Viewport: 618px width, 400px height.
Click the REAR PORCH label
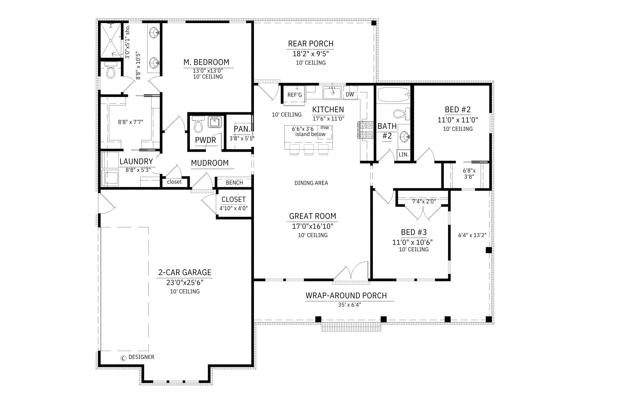pos(311,44)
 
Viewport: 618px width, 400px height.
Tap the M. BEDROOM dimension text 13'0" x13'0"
pos(208,70)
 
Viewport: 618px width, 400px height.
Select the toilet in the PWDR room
pos(198,125)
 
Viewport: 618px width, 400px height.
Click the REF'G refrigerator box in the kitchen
pos(294,95)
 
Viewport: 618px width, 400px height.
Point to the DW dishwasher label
pos(350,95)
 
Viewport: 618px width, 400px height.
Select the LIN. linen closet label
pos(404,155)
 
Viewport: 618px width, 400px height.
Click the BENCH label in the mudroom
pos(234,183)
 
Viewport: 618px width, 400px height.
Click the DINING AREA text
pos(311,183)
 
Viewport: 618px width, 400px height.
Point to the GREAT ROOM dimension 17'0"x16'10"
pos(313,226)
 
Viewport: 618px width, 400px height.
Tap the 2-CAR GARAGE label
pos(185,272)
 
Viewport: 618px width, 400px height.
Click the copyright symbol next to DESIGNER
pos(123,358)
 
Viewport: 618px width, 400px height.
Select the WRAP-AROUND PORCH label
pos(346,296)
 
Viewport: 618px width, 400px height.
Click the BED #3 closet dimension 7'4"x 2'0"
pos(424,202)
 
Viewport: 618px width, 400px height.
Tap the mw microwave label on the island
pos(325,128)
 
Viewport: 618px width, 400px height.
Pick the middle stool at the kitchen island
pos(309,149)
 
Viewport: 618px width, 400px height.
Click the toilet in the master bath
pos(110,71)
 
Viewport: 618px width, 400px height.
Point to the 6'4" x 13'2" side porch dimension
pos(472,235)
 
